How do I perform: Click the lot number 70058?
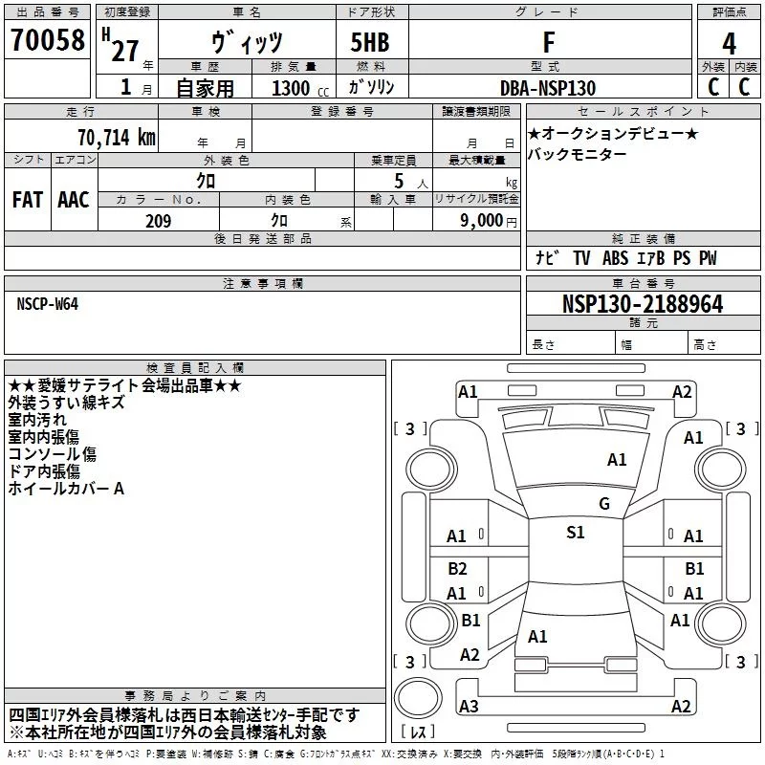(x=45, y=41)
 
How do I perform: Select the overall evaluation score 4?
(x=729, y=43)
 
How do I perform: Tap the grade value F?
(x=548, y=41)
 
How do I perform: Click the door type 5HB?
(x=371, y=42)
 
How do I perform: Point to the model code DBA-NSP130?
(x=548, y=88)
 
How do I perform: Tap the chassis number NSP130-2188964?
(x=642, y=305)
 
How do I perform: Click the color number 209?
(x=158, y=221)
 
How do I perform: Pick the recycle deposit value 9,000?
(x=481, y=221)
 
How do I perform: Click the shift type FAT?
(x=27, y=200)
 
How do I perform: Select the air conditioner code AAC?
(x=73, y=200)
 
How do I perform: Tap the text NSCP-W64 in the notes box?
(x=48, y=303)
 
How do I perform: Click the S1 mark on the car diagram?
(x=575, y=533)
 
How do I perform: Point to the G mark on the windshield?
(x=603, y=504)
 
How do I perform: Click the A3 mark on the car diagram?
(x=469, y=706)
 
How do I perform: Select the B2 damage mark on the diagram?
(x=457, y=568)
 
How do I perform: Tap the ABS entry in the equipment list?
(x=616, y=258)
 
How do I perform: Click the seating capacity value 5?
(x=396, y=182)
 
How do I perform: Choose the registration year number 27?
(x=124, y=50)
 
